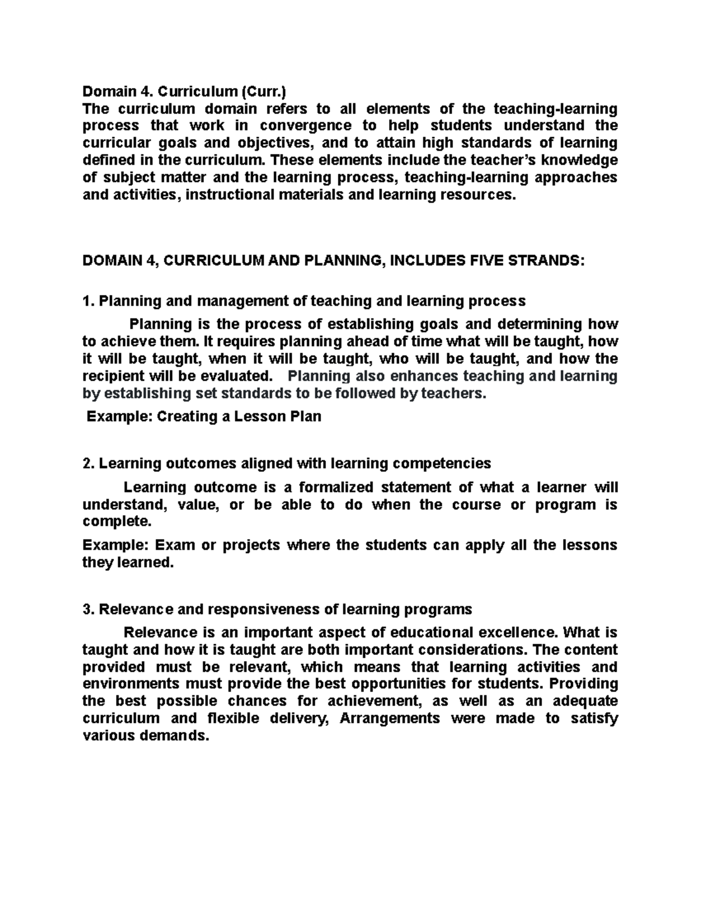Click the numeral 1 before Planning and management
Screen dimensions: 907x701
86,301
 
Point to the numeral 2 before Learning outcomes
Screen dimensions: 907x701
86,464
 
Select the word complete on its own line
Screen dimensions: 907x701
112,521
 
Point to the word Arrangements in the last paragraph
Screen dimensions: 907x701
390,718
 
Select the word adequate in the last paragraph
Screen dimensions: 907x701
585,701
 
